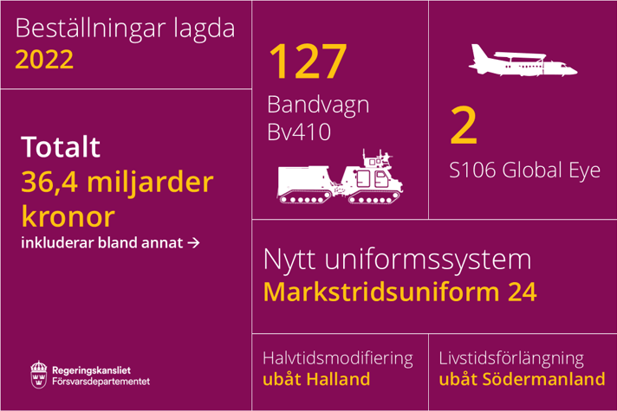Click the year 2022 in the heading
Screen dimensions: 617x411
click(x=44, y=60)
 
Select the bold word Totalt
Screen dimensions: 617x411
click(x=61, y=146)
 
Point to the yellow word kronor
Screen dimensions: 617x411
click(x=68, y=216)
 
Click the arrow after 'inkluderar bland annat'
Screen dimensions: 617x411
click(x=193, y=243)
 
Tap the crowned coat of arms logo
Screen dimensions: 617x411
click(x=38, y=375)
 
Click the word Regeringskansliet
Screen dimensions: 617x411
click(x=91, y=370)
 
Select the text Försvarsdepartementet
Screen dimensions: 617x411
click(x=101, y=381)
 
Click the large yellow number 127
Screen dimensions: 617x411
click(x=308, y=61)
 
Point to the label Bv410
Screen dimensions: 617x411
click(x=299, y=132)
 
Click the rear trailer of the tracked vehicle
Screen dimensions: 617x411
click(x=304, y=184)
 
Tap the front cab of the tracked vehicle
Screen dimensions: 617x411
click(x=373, y=181)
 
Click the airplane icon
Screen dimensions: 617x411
click(x=523, y=60)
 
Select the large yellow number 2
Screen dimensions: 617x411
click(x=464, y=125)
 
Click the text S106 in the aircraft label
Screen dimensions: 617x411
click(x=472, y=170)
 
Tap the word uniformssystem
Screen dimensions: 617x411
click(x=428, y=260)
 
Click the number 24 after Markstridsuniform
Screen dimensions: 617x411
click(x=523, y=292)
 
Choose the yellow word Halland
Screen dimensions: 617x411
click(x=338, y=379)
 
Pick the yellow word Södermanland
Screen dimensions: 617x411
click(x=544, y=379)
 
